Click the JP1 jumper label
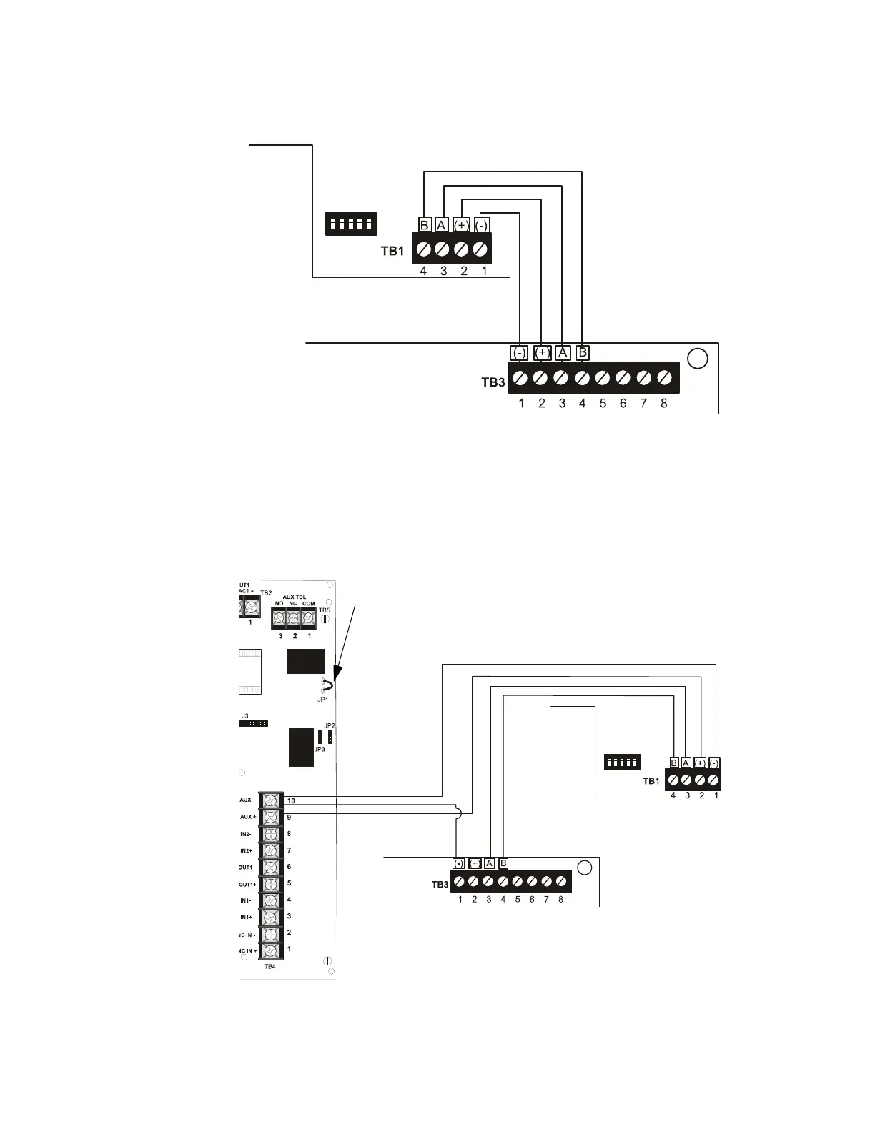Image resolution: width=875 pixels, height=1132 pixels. tap(323, 700)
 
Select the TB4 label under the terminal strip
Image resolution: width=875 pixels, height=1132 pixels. tap(270, 966)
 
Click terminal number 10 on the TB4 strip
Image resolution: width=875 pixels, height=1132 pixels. tap(291, 801)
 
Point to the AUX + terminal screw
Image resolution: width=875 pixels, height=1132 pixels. tap(270, 817)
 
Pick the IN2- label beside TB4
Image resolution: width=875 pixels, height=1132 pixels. tap(247, 834)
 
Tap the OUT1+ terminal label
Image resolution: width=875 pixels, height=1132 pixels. tap(247, 883)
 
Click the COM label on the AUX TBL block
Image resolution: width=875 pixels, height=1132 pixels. tap(308, 604)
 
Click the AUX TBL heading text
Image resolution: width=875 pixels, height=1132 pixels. tap(294, 596)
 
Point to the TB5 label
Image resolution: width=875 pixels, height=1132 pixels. tap(325, 610)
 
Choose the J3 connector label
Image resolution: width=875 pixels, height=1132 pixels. tap(244, 715)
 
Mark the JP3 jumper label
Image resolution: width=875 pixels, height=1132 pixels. tap(319, 749)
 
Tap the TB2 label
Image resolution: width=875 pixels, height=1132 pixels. tap(266, 593)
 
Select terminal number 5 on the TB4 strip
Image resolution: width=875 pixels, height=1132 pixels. tap(289, 883)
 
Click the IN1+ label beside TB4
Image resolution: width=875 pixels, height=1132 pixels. tap(247, 917)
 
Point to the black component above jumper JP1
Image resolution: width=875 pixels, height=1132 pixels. tap(305, 661)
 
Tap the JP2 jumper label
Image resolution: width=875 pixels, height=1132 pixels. tap(330, 726)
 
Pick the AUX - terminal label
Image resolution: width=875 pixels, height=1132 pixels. tap(247, 800)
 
